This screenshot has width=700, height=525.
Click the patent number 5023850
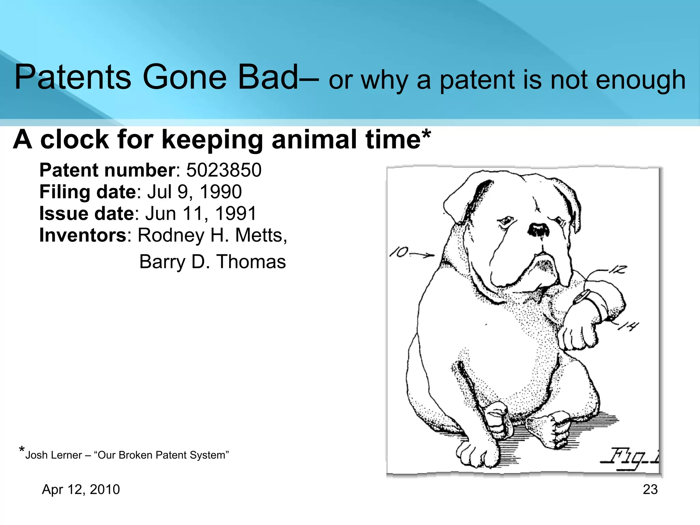click(224, 170)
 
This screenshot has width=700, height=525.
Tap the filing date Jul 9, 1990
click(194, 192)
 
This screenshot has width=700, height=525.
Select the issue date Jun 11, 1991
click(201, 213)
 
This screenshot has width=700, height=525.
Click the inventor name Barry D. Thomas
click(212, 262)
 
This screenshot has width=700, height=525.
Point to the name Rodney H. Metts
click(212, 235)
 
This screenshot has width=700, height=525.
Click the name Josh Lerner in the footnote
click(54, 455)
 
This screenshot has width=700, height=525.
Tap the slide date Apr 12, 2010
click(81, 489)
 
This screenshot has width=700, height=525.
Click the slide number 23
click(650, 489)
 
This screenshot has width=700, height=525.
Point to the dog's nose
click(539, 230)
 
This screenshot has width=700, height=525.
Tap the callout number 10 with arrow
click(410, 253)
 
